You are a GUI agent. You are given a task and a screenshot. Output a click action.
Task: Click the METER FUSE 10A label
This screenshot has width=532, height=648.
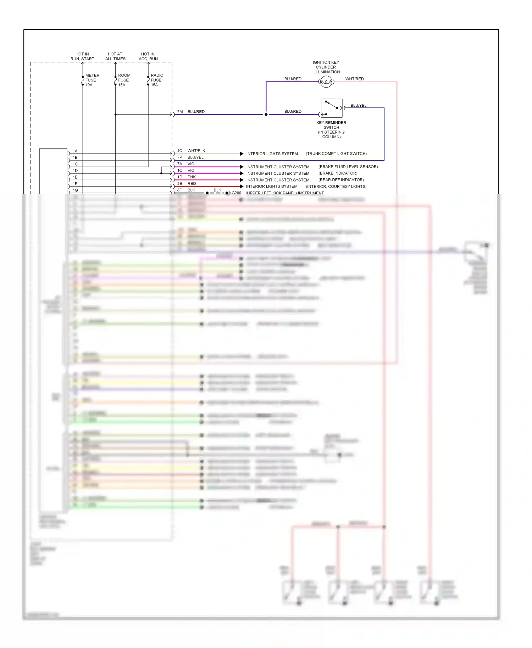(x=92, y=80)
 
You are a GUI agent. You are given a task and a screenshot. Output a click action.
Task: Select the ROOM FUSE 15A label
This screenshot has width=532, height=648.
(x=124, y=80)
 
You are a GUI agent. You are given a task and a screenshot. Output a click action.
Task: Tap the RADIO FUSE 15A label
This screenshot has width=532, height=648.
(x=157, y=80)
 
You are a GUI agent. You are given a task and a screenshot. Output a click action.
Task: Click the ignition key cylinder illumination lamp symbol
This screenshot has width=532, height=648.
(x=326, y=82)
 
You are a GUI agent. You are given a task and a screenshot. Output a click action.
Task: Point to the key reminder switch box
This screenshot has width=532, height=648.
(x=332, y=108)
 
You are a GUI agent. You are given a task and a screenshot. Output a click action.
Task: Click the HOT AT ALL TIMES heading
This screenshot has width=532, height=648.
(x=115, y=56)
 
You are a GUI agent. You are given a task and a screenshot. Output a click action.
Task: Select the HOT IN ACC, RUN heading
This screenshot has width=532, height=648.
(x=148, y=56)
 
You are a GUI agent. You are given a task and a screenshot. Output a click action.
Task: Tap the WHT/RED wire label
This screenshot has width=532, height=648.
(x=354, y=79)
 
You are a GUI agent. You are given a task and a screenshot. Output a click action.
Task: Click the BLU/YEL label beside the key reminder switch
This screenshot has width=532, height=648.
(x=358, y=105)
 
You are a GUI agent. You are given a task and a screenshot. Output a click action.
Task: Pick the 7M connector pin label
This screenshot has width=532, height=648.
(x=180, y=112)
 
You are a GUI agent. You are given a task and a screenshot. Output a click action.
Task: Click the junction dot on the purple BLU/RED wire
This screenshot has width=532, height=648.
(x=266, y=114)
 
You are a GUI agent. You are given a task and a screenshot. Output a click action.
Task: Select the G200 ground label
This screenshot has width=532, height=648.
(x=236, y=193)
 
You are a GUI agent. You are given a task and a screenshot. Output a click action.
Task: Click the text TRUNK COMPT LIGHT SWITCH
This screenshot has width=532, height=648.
(x=336, y=153)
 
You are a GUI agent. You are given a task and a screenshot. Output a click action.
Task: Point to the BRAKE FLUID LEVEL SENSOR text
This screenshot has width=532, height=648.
(x=348, y=167)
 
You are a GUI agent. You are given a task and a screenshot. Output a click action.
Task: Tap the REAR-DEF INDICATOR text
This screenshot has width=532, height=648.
(x=341, y=180)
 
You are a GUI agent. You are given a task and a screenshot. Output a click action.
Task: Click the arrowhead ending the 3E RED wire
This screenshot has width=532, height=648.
(x=242, y=186)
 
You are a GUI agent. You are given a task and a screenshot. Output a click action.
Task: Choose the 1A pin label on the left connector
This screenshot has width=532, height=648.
(x=75, y=151)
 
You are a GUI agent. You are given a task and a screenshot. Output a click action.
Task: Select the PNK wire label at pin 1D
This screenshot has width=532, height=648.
(x=192, y=177)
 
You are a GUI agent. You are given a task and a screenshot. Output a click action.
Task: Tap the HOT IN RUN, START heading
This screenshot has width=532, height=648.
(x=82, y=56)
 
